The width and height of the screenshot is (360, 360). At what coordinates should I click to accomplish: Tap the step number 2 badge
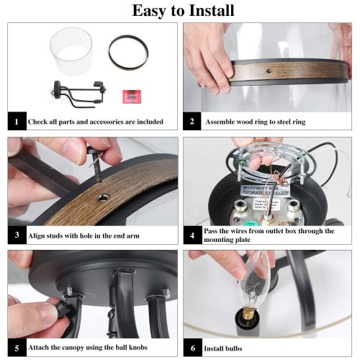[x=192, y=122]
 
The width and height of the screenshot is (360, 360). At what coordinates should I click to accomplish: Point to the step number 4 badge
[x=192, y=235]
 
